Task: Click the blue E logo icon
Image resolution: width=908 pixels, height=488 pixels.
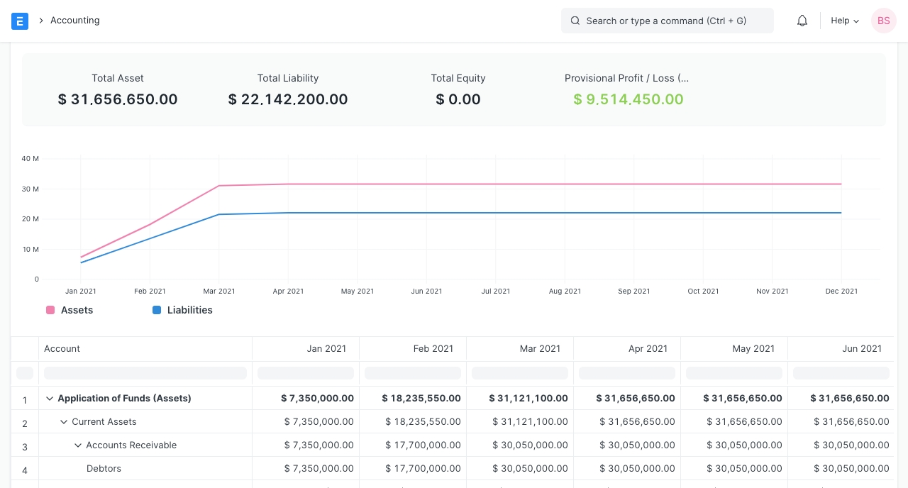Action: (x=20, y=21)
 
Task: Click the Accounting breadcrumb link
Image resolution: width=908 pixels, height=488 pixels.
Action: (x=74, y=21)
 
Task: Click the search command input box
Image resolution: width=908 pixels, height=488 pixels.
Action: (x=667, y=21)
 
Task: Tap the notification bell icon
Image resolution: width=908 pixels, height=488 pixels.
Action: (x=802, y=21)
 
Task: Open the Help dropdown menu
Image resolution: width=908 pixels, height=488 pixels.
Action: (x=844, y=21)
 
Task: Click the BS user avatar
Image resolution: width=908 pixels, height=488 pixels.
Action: (x=883, y=21)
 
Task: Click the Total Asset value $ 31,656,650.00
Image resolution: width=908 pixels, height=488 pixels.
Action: (x=118, y=99)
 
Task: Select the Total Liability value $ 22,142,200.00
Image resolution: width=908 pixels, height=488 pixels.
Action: (x=288, y=99)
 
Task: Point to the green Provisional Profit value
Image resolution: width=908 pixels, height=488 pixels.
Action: (x=629, y=99)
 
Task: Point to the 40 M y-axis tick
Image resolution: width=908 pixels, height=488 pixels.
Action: (x=31, y=159)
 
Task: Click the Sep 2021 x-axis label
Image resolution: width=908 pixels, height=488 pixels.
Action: (x=633, y=291)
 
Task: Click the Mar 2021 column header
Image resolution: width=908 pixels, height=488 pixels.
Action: (x=540, y=348)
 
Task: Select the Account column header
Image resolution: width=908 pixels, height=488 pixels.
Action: (x=62, y=348)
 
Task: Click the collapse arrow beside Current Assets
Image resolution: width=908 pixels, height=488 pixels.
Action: (x=64, y=421)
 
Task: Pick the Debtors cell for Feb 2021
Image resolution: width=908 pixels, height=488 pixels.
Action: (x=423, y=468)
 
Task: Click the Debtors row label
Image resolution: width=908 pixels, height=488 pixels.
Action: (x=104, y=468)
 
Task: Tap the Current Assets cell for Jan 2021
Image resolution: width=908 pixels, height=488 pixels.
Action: (x=319, y=421)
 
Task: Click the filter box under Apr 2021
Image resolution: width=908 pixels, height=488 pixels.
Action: (x=626, y=373)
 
